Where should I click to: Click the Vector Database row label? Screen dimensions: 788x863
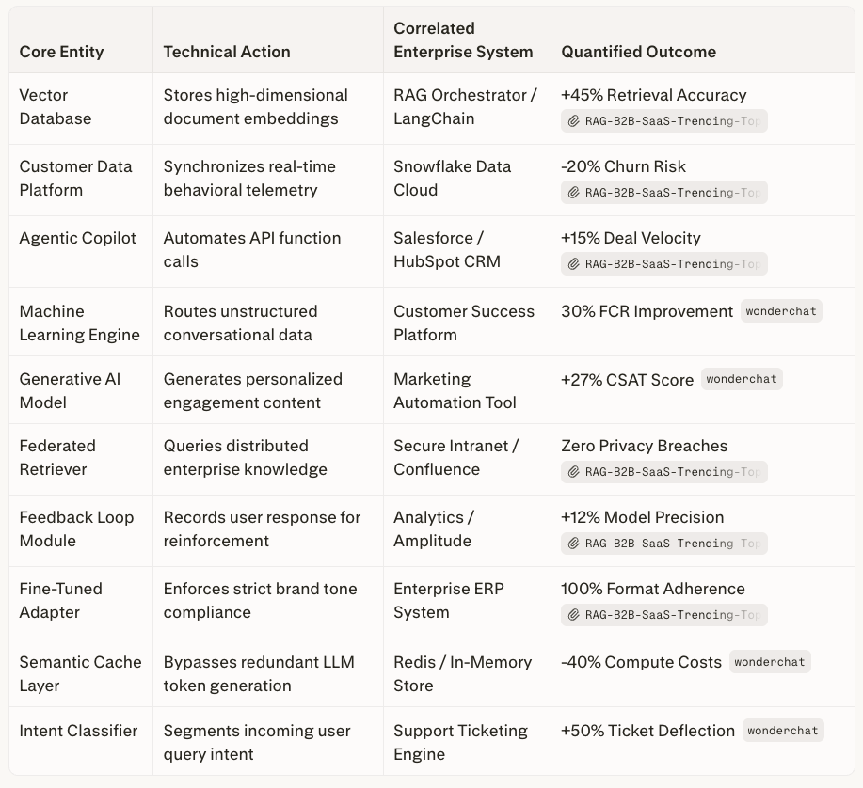click(x=56, y=107)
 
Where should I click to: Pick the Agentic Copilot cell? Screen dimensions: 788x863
click(x=78, y=239)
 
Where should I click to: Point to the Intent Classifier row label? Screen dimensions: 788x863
click(x=78, y=732)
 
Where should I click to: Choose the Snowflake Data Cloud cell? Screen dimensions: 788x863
click(x=452, y=179)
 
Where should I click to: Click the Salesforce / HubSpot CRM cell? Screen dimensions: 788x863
click(x=451, y=250)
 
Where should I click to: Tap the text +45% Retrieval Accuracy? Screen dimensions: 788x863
click(x=653, y=96)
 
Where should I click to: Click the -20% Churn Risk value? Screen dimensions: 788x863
click(x=623, y=167)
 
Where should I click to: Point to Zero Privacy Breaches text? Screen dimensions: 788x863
click(x=644, y=447)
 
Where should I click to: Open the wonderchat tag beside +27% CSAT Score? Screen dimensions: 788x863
click(x=742, y=380)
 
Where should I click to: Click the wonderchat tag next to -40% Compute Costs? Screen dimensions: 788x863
click(x=770, y=662)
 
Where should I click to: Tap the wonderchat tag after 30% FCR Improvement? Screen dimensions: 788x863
click(x=781, y=311)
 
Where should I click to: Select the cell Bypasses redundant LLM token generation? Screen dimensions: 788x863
click(x=259, y=674)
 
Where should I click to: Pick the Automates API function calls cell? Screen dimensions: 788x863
click(x=252, y=250)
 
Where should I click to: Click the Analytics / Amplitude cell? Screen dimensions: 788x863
click(x=433, y=529)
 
